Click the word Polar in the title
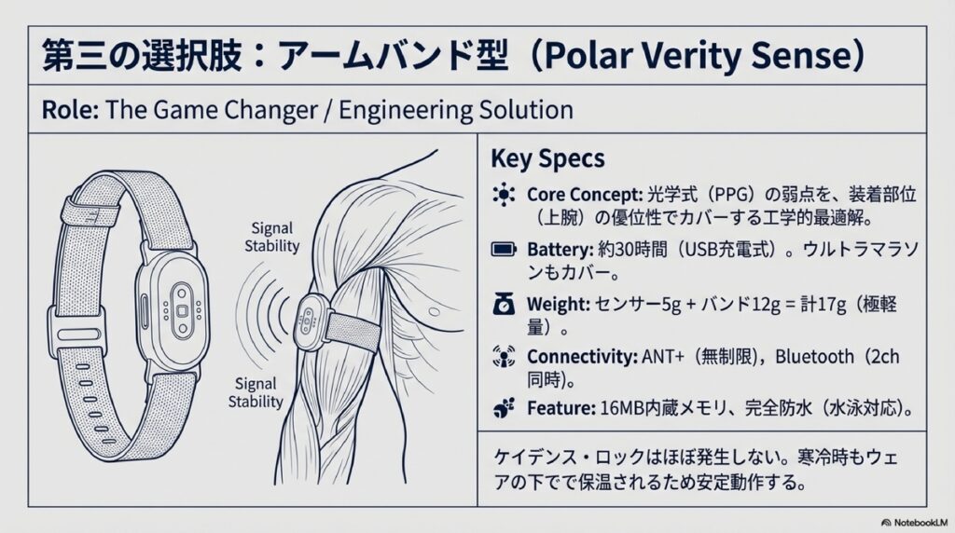click(586, 56)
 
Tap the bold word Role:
click(69, 110)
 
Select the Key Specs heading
click(547, 158)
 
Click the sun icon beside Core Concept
click(504, 195)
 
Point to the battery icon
click(504, 249)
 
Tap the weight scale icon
click(504, 303)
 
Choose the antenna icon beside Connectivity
click(504, 356)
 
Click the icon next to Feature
click(504, 407)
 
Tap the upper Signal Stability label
click(271, 238)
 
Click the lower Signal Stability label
click(256, 392)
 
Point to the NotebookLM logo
click(914, 523)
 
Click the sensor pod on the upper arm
click(309, 321)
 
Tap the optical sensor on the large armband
click(182, 311)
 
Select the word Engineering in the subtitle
click(403, 111)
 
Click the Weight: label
click(559, 304)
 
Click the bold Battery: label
click(561, 250)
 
